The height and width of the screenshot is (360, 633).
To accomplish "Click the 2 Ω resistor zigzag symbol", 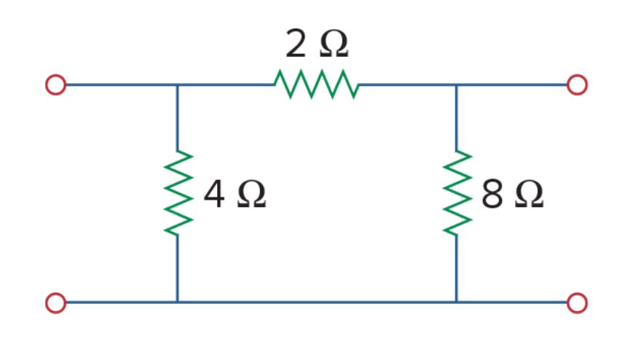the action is point(316,85).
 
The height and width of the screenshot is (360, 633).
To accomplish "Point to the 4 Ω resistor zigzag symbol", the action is point(178,192).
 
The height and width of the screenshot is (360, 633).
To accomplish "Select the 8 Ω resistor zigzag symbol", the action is point(457,192).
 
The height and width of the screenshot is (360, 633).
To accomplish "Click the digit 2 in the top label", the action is point(296,44).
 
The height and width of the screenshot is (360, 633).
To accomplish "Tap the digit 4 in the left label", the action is point(214,194).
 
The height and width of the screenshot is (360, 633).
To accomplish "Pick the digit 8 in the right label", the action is point(492,194).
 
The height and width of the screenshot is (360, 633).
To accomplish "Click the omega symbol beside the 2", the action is point(334,44).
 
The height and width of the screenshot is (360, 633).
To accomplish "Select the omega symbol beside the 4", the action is point(251,195).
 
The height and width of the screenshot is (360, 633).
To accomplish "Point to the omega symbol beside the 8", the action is point(530,195).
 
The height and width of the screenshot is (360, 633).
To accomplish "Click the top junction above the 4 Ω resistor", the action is point(177,85).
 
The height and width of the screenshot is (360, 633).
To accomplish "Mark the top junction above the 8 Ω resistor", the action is point(457,85).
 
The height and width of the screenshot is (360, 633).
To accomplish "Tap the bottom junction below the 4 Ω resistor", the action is point(177,302).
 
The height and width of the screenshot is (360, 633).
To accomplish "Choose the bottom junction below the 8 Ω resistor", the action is point(457,302).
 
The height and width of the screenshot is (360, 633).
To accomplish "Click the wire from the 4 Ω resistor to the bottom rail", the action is point(177,269).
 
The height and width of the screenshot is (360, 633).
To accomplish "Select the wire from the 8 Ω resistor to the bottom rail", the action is point(457,269).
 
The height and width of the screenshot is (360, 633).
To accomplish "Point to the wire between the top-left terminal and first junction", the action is point(122,85).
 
